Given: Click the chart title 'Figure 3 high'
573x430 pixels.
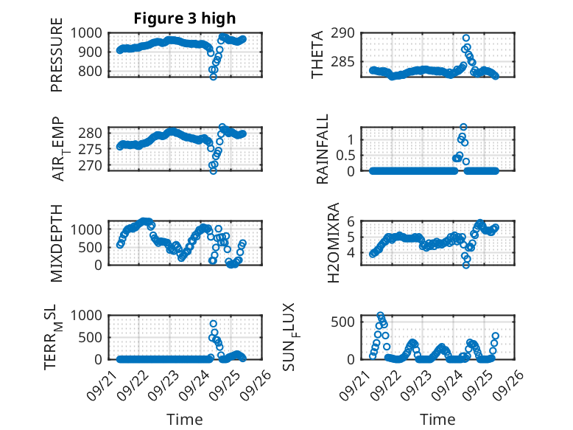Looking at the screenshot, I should [184, 18].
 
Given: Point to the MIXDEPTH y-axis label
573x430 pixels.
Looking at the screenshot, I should [57, 243].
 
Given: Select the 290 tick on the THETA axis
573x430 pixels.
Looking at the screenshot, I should [346, 33].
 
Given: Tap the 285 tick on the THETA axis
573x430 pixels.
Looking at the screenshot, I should [346, 62].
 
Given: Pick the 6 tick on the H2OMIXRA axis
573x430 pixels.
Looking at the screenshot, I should [352, 221].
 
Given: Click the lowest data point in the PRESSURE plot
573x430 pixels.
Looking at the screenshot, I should [214, 77].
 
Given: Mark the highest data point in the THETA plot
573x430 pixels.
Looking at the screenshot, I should [466, 38].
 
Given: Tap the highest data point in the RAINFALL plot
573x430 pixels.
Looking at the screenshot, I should [463, 127].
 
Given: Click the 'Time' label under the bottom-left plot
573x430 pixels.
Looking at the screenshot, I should [185, 419].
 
